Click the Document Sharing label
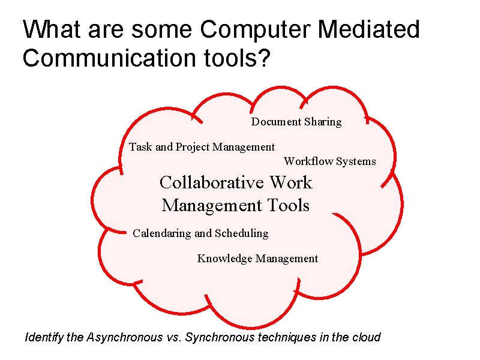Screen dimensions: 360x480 296,122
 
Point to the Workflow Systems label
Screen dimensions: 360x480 330,161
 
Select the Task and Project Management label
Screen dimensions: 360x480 202,147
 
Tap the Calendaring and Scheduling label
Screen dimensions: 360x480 200,233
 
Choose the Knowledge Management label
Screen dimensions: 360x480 257,259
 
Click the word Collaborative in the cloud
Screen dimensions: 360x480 211,182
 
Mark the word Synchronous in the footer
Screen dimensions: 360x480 220,337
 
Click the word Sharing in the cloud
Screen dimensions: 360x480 323,122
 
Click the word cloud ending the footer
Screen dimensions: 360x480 366,337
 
